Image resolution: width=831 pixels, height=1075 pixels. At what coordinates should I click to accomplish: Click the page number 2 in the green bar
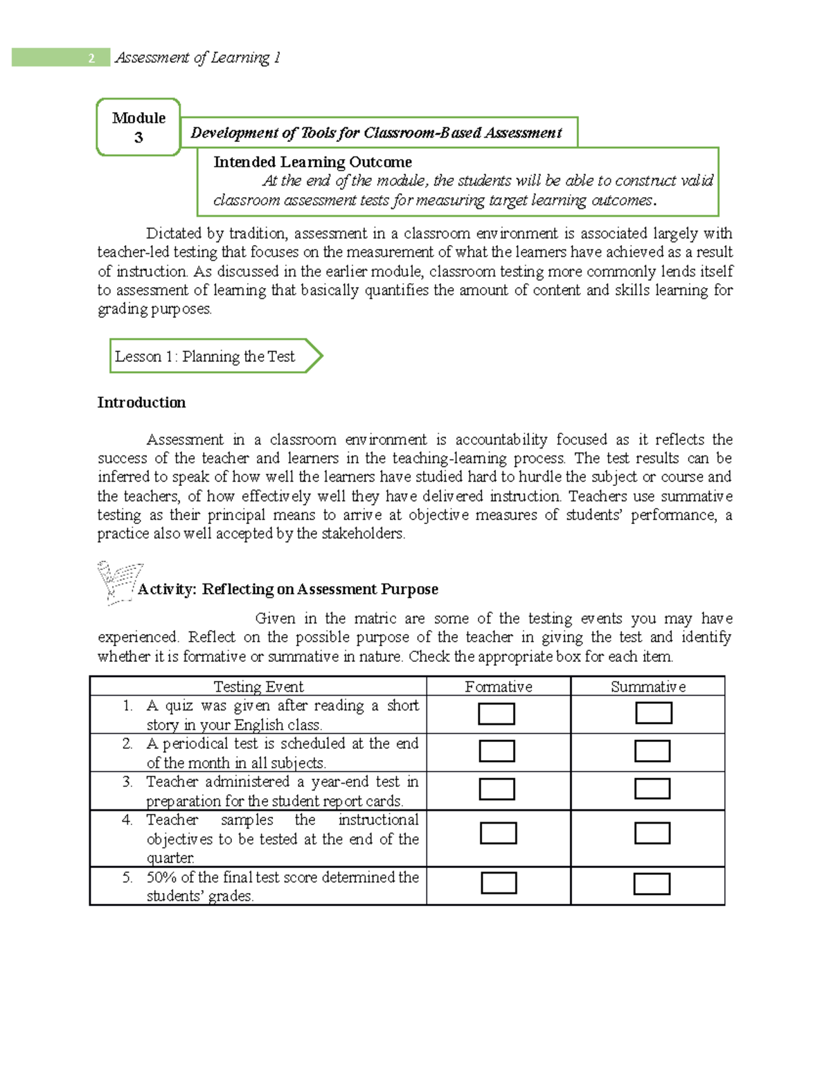tap(91, 58)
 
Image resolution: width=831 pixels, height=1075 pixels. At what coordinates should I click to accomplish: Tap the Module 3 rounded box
tap(138, 127)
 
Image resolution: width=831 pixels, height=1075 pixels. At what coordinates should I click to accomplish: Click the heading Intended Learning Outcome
tap(312, 162)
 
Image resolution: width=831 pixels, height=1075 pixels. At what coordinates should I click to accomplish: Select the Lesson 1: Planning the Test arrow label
tap(206, 356)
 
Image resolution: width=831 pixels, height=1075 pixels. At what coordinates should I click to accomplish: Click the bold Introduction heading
tap(141, 403)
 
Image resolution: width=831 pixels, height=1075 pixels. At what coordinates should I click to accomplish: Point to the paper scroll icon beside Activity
tap(118, 581)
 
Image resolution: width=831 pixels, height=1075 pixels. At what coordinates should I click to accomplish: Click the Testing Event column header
tap(258, 687)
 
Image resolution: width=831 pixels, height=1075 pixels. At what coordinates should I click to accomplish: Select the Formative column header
tap(499, 687)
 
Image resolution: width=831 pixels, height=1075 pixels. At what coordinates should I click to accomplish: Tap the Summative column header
tap(648, 687)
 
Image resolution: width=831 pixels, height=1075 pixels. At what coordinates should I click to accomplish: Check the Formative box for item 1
tap(497, 714)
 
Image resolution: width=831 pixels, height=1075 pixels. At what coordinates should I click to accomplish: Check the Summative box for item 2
tap(652, 751)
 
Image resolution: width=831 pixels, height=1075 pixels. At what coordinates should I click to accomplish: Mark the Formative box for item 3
tap(497, 789)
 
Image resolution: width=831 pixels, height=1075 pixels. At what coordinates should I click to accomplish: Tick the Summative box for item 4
tap(652, 833)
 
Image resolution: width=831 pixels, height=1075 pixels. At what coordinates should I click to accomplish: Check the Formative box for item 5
tap(499, 883)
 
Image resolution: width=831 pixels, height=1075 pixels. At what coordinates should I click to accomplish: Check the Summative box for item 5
tap(652, 884)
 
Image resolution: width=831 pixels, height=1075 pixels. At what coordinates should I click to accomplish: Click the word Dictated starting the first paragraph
tap(175, 233)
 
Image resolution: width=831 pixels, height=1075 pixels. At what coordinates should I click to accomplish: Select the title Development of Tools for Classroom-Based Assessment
tap(376, 133)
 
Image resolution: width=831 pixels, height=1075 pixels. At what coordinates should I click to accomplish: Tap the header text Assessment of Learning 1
tap(198, 58)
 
